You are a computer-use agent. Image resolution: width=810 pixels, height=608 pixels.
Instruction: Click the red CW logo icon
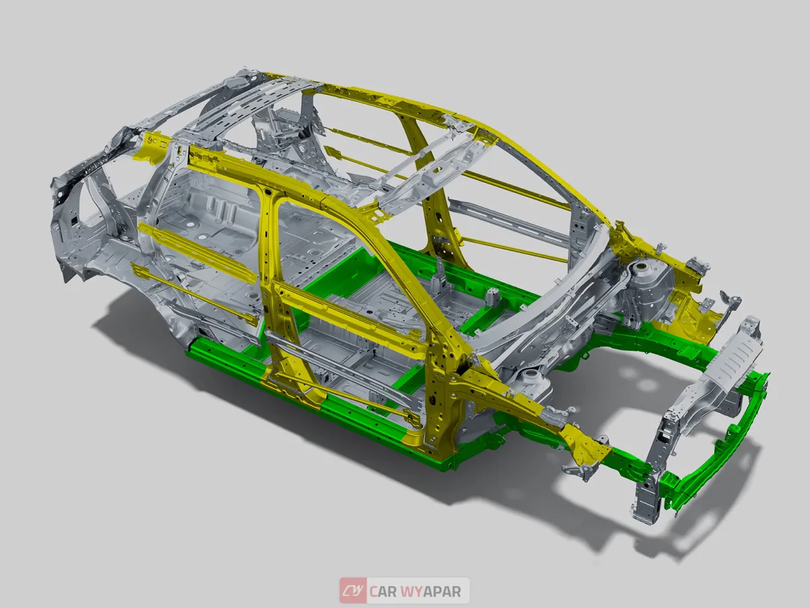pos(352,591)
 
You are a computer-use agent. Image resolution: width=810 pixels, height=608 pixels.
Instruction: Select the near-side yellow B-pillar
pos(270,270)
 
